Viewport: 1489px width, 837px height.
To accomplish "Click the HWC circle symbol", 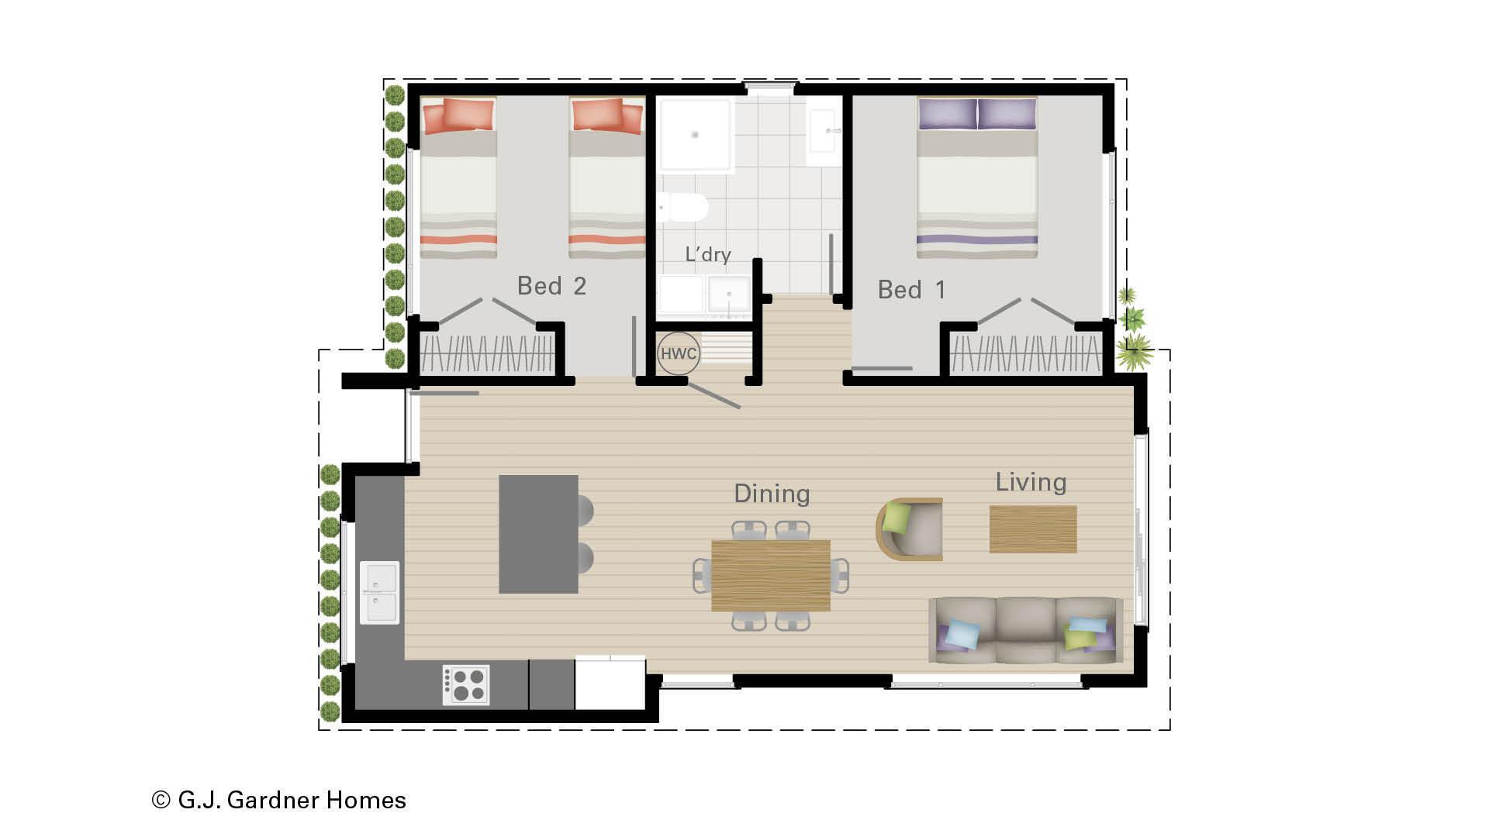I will (679, 354).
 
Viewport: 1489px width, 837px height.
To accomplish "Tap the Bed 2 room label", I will (551, 286).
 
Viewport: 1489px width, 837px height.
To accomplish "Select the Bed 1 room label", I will (911, 290).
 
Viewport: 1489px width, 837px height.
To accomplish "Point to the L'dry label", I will (707, 254).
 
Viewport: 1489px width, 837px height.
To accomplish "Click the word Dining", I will (772, 494).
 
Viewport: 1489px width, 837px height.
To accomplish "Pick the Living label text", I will (1031, 482).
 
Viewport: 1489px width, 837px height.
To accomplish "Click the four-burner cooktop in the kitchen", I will (466, 685).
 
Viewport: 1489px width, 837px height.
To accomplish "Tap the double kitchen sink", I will (379, 593).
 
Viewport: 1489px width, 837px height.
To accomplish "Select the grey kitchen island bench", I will (538, 534).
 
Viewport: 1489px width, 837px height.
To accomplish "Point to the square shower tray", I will (695, 135).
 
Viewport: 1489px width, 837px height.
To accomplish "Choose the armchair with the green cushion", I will (910, 529).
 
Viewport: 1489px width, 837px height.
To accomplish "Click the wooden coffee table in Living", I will (1033, 529).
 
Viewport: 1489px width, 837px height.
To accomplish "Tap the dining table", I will (770, 575).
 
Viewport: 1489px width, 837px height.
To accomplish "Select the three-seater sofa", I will (1025, 630).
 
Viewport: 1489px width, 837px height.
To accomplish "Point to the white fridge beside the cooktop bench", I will (610, 683).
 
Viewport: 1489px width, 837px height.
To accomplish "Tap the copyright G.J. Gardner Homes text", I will (279, 800).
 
